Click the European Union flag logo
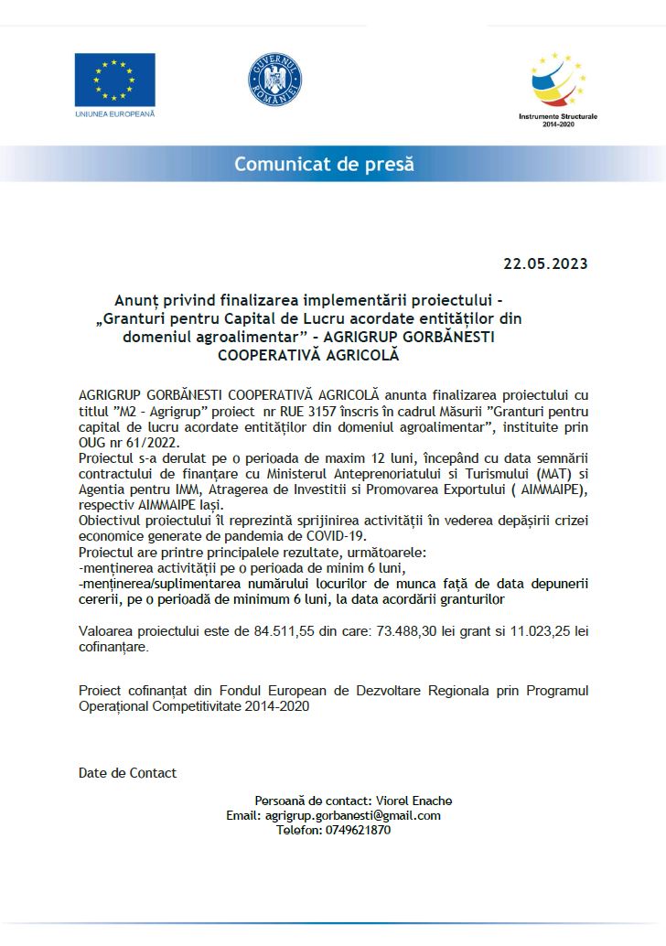coord(114,80)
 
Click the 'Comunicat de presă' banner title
coord(324,165)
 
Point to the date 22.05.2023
coord(545,264)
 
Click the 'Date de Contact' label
coord(127,773)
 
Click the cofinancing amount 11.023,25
coord(528,631)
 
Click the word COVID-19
coord(333,536)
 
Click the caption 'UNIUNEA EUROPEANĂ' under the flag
coord(114,113)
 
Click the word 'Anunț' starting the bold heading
coord(134,300)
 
